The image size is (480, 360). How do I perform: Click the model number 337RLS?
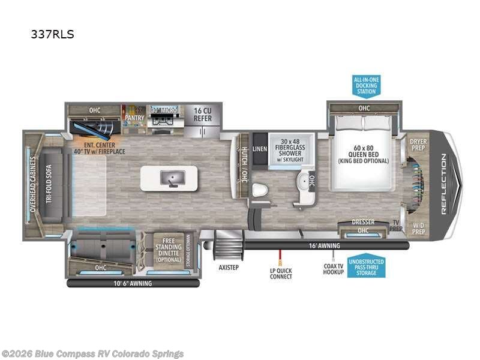52,34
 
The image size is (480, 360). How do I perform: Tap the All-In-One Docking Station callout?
366,85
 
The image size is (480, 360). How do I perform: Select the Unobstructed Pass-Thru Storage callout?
366,267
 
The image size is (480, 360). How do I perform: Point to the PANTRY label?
134,118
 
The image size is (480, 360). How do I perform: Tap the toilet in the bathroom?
259,190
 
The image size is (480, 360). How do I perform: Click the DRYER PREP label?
418,144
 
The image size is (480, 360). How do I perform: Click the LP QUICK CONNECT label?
280,273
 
